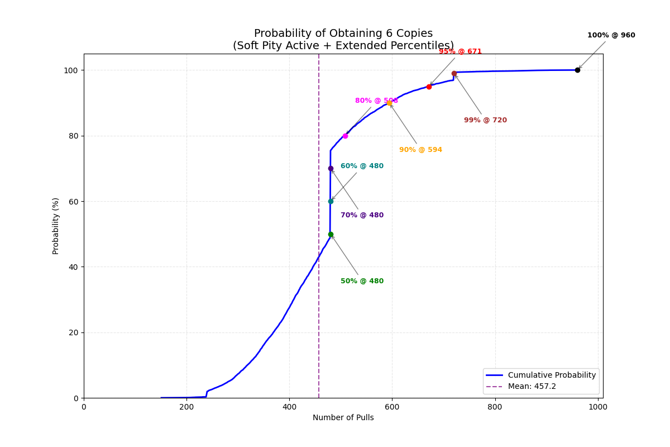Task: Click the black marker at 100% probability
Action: coord(577,70)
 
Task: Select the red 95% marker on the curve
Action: coord(429,87)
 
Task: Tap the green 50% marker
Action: coord(331,234)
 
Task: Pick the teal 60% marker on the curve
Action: coord(331,201)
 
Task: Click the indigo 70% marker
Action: coord(331,168)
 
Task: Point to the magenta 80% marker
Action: coord(345,136)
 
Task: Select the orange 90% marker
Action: coord(389,103)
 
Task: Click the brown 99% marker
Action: coord(454,73)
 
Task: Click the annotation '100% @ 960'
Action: coord(611,35)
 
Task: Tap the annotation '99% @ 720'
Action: coord(485,120)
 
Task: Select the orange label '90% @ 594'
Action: coord(420,150)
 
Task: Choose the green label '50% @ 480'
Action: coord(362,281)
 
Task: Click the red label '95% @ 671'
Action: coord(460,51)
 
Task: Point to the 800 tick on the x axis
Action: coord(495,407)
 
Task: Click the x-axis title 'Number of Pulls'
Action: coord(343,417)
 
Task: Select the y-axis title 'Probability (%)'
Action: coord(56,226)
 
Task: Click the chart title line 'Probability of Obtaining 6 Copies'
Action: coord(343,34)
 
